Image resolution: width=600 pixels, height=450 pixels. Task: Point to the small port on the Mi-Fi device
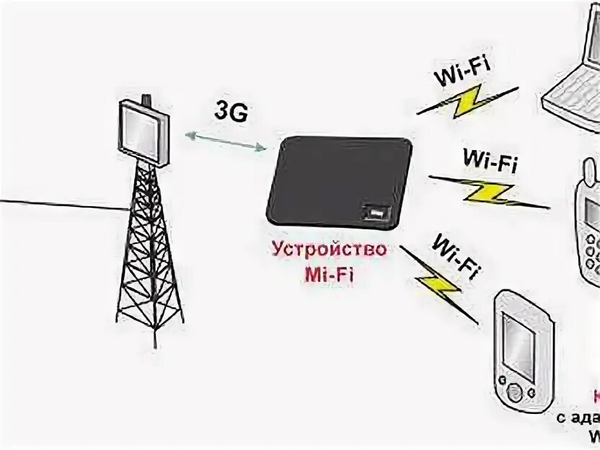pyautogui.click(x=374, y=212)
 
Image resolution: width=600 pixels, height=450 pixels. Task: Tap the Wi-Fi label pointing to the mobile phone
pyautogui.click(x=489, y=159)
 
